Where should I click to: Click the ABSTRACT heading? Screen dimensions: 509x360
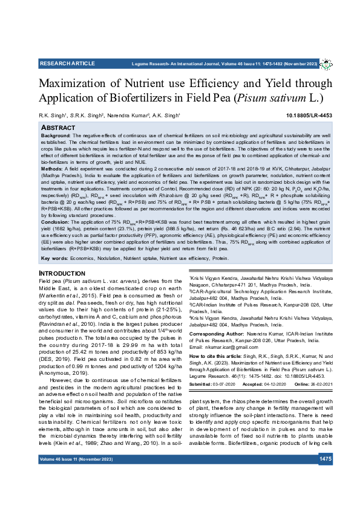click(x=58, y=128)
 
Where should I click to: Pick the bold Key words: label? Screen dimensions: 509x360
click(x=54, y=258)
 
